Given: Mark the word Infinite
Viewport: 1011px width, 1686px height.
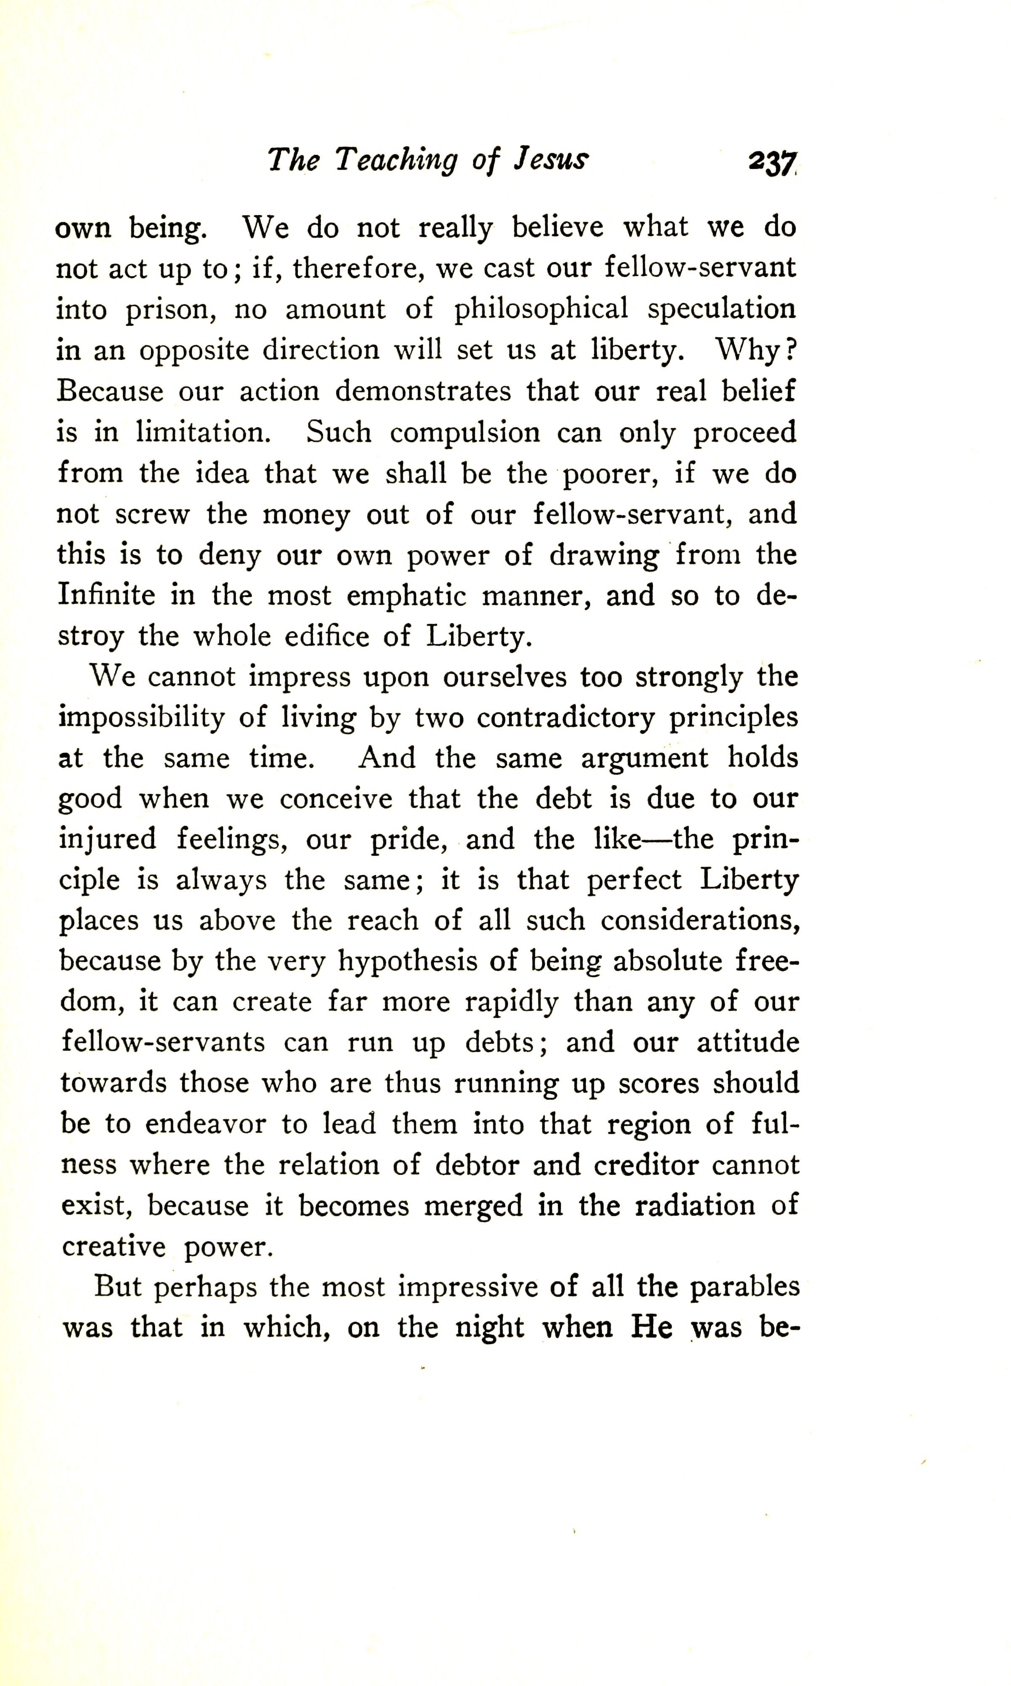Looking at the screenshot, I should click(x=106, y=596).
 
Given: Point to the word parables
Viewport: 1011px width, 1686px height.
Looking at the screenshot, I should click(x=745, y=1287).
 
